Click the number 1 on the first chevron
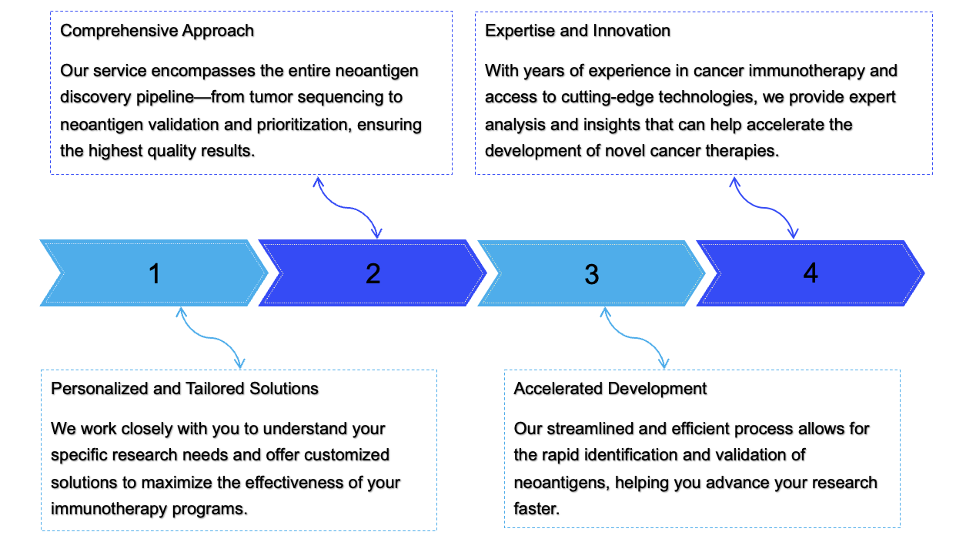tap(155, 273)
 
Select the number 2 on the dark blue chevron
tap(373, 273)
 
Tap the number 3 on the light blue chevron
tap(591, 274)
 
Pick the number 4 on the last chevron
tap(810, 273)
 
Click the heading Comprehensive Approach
tap(157, 31)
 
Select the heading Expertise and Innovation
tap(577, 31)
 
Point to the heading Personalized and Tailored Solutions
tap(185, 388)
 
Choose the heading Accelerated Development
tap(610, 388)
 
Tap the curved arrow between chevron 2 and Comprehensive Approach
tap(347, 207)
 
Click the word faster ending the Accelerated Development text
tap(535, 509)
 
